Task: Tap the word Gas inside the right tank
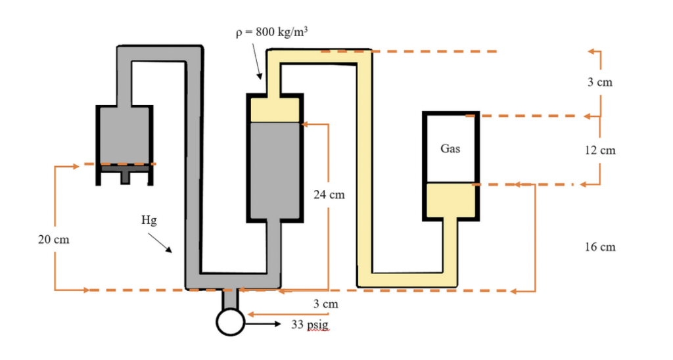pos(450,148)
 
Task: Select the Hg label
pos(149,221)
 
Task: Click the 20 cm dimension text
pos(53,240)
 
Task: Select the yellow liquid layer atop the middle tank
pos(274,109)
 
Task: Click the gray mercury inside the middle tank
pos(274,171)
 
